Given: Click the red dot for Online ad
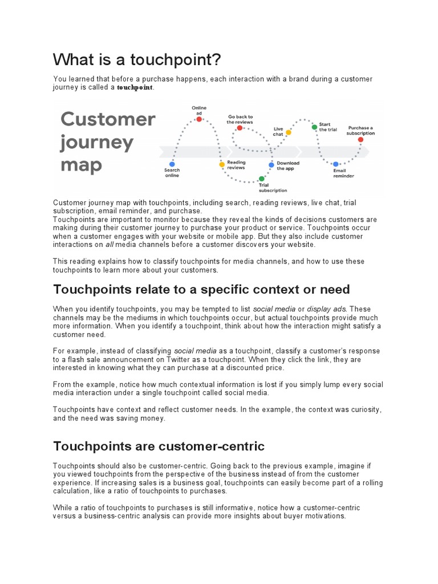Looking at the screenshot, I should [199, 119].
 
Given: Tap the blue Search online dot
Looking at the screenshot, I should [172, 164].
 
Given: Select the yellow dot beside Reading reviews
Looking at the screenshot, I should [222, 164].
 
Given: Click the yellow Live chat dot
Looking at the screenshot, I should [289, 132].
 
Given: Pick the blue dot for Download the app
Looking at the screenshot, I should [271, 164].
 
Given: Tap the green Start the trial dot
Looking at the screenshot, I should [314, 127].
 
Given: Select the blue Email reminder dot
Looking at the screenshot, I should [336, 164].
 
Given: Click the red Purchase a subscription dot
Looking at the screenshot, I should [360, 139].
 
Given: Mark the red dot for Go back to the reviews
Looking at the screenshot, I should [240, 128].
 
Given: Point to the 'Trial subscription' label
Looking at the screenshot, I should [273, 188].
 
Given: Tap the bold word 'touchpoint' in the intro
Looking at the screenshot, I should [135, 88].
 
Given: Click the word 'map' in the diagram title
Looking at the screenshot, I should [82, 165].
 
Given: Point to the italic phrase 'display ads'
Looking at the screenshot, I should [324, 309].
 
